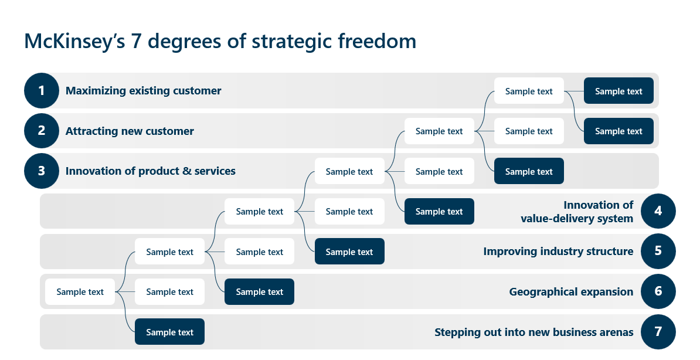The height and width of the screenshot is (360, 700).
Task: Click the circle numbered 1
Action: pos(42,91)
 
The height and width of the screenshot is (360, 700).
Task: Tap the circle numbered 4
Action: pos(658,211)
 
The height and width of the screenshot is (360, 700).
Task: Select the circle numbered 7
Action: pos(658,332)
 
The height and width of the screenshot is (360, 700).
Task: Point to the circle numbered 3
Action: pos(42,171)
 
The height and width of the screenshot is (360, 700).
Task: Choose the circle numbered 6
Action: pos(658,291)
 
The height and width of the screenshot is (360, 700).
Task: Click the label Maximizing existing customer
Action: pos(143,91)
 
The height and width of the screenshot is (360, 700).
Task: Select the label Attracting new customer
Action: pos(130,131)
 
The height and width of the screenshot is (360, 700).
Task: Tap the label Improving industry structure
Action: pos(558,252)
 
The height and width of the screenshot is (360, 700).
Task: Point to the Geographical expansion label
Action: pos(571,292)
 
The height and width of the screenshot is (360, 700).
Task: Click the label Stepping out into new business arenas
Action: pos(534,332)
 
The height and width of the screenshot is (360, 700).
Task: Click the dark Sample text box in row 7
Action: pos(169,332)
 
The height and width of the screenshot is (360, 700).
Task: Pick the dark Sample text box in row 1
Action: pos(619,91)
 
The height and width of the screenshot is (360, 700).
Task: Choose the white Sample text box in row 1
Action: pos(529,91)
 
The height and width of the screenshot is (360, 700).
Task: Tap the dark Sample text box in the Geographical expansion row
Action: pos(259,291)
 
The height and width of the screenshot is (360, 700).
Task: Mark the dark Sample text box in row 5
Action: pos(349,252)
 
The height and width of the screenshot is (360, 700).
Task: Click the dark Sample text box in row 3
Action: pos(529,171)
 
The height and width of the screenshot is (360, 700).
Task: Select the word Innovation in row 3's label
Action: pos(94,171)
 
